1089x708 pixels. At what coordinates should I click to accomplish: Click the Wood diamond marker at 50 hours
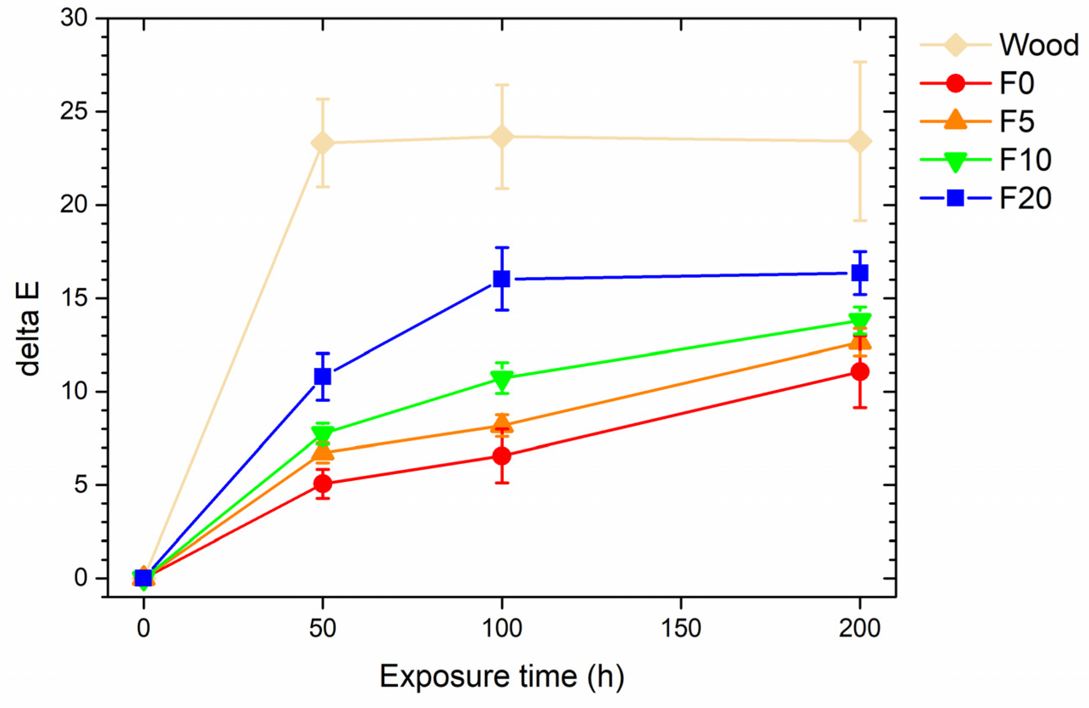[x=322, y=143]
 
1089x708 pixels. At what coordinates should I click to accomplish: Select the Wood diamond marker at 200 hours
[x=860, y=141]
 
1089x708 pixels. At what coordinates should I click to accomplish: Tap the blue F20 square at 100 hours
[x=502, y=279]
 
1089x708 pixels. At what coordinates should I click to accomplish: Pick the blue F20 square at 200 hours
[x=860, y=273]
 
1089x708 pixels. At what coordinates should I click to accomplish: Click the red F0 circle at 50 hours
[x=322, y=483]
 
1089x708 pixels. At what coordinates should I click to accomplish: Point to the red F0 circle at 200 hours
[x=860, y=372]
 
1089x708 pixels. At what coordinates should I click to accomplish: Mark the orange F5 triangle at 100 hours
[x=502, y=423]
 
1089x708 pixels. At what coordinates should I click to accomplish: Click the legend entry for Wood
[x=1039, y=45]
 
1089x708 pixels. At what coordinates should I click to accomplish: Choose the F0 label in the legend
[x=1017, y=84]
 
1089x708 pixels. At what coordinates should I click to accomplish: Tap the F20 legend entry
[x=1025, y=198]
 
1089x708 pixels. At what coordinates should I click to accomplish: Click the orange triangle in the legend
[x=955, y=120]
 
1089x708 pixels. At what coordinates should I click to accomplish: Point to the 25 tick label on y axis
[x=74, y=112]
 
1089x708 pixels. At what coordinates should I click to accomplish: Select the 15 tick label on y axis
[x=74, y=298]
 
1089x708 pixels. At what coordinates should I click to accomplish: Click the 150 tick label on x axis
[x=681, y=629]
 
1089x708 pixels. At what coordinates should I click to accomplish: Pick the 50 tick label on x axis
[x=322, y=629]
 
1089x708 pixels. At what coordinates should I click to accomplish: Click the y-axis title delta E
[x=29, y=329]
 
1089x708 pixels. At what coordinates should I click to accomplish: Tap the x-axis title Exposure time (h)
[x=502, y=676]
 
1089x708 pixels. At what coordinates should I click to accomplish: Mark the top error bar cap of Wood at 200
[x=860, y=62]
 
